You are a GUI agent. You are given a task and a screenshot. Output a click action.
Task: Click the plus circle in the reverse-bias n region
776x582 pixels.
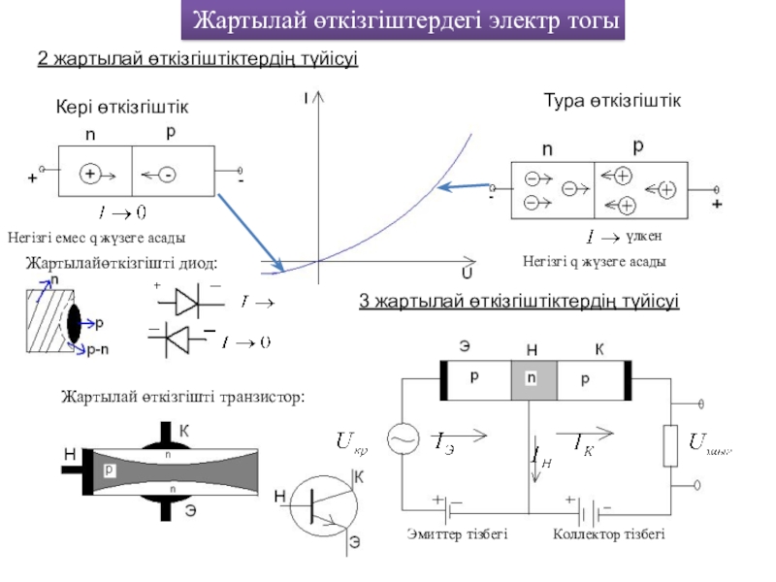(x=89, y=175)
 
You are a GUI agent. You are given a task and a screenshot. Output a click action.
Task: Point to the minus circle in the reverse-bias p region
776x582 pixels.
(x=168, y=175)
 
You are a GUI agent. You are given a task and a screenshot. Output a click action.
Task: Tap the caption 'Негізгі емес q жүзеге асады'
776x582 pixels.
(x=95, y=238)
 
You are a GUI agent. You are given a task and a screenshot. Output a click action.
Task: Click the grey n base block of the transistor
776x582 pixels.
(x=532, y=380)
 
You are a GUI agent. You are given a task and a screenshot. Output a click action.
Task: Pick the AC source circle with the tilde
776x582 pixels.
(x=401, y=440)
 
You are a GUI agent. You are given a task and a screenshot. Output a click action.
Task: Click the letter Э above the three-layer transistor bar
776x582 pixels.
(x=466, y=346)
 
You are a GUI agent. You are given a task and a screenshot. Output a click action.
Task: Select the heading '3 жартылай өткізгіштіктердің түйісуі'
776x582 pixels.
(x=519, y=303)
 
